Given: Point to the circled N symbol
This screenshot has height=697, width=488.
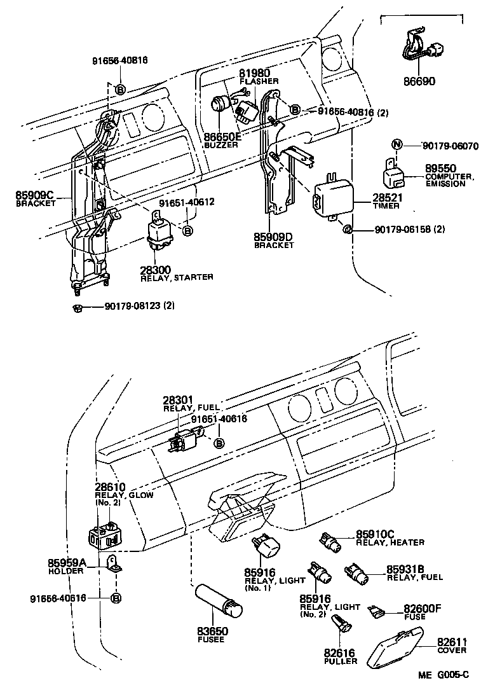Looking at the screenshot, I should coord(396,145).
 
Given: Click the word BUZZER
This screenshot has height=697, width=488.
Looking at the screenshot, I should coord(221,145).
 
